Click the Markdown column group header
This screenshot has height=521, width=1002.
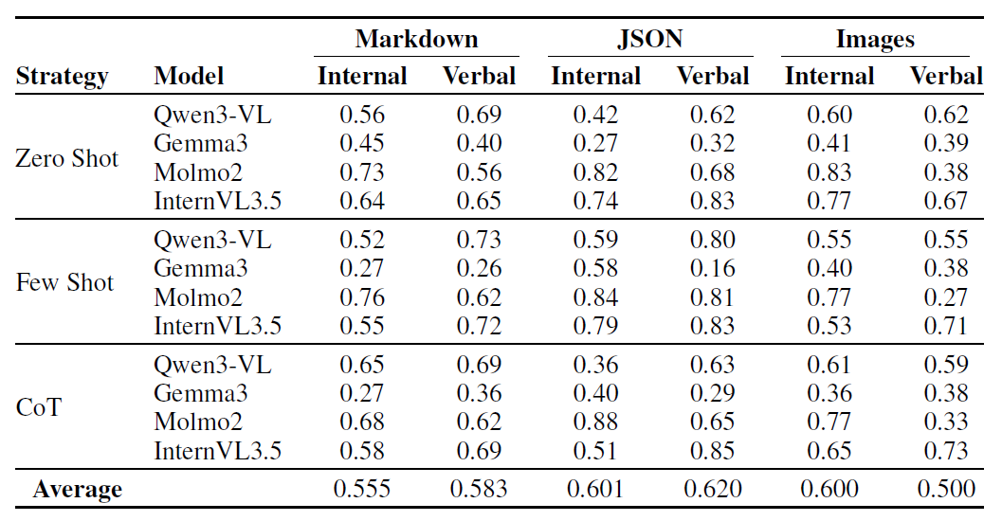click(x=416, y=40)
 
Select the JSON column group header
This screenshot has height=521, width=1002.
click(x=649, y=40)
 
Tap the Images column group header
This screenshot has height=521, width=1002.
click(x=875, y=40)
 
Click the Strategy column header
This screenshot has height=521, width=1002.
click(x=63, y=77)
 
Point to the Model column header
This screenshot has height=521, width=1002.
click(x=189, y=77)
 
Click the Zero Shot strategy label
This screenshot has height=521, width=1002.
click(x=66, y=158)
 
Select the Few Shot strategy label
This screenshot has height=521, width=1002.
click(x=64, y=283)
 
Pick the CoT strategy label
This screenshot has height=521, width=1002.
click(x=39, y=408)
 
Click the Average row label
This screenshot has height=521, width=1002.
click(x=78, y=490)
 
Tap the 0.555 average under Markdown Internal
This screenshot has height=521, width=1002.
click(x=362, y=490)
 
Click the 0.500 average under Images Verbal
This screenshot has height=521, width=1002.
click(x=945, y=490)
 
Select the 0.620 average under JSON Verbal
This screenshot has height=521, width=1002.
click(x=713, y=490)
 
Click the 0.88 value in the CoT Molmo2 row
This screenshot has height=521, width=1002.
click(x=595, y=422)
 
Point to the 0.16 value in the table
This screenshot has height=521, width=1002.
click(x=712, y=269)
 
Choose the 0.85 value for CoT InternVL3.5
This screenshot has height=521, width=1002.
click(x=712, y=451)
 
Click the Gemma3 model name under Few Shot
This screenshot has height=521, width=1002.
click(x=195, y=269)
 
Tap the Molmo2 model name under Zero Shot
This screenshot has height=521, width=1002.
click(x=198, y=172)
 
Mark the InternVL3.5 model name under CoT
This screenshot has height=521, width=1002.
click(x=218, y=451)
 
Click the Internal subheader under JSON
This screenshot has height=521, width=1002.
click(x=595, y=77)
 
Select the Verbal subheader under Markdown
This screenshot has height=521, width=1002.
click(x=479, y=77)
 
